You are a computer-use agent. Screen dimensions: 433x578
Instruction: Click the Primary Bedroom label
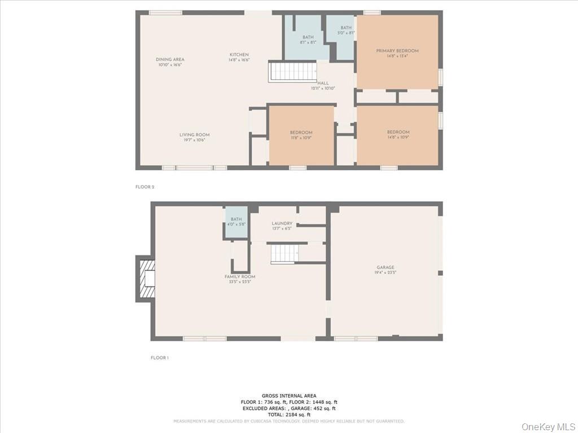(x=397, y=51)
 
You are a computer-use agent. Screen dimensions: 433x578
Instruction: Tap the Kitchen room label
(x=239, y=55)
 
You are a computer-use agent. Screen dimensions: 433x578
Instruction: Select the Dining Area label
(x=170, y=59)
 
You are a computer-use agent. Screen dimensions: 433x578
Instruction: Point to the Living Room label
(x=195, y=135)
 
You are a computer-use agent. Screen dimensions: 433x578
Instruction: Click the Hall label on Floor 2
(x=323, y=83)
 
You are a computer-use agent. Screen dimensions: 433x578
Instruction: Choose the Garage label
(x=386, y=267)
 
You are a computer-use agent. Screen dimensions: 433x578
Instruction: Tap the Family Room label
(x=240, y=277)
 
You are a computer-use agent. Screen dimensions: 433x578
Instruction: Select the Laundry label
(x=282, y=223)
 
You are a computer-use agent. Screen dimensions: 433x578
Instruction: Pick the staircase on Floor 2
(x=292, y=72)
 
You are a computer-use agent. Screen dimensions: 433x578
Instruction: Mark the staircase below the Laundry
(x=284, y=254)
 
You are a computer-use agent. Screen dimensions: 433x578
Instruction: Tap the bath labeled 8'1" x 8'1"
(x=307, y=39)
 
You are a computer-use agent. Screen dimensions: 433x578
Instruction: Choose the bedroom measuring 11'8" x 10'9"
(x=301, y=135)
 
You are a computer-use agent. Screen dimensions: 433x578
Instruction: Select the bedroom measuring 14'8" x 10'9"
(x=398, y=135)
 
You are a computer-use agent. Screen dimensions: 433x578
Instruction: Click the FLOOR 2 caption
(x=144, y=186)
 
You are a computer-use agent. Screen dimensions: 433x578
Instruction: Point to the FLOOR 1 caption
(x=160, y=357)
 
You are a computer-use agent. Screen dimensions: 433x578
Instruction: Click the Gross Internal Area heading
(x=289, y=395)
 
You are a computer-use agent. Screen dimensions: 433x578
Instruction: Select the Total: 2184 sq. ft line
(x=289, y=414)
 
